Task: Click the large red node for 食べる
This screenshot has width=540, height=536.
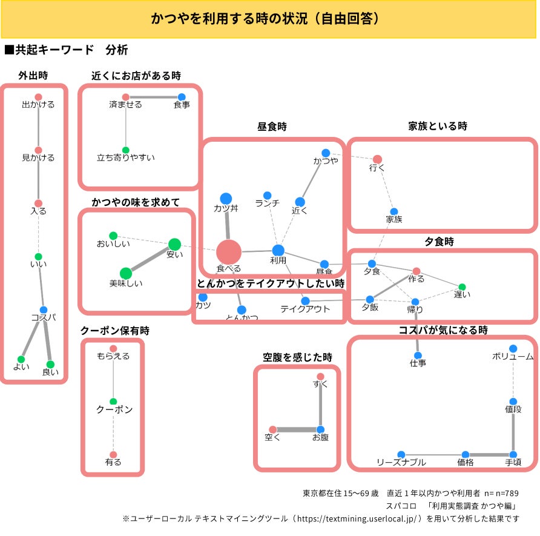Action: pyautogui.click(x=229, y=251)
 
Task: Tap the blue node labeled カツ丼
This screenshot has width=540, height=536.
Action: pyautogui.click(x=226, y=199)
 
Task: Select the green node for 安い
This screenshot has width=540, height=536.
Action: pyautogui.click(x=174, y=244)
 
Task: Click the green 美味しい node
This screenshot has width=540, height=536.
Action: pyautogui.click(x=125, y=274)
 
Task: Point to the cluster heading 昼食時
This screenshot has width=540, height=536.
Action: pyautogui.click(x=272, y=127)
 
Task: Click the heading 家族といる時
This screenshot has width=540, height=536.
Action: pyautogui.click(x=438, y=127)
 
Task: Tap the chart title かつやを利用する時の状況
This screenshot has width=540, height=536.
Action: pyautogui.click(x=266, y=19)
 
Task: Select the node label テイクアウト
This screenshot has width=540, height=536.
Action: pyautogui.click(x=305, y=309)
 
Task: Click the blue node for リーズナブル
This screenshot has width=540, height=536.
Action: pyautogui.click(x=401, y=454)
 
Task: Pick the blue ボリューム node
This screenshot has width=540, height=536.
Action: pyautogui.click(x=513, y=348)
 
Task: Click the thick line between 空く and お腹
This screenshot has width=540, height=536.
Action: pyautogui.click(x=297, y=430)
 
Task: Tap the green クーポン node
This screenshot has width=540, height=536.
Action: pyautogui.click(x=113, y=401)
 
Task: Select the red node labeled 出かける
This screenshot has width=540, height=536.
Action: pyautogui.click(x=38, y=97)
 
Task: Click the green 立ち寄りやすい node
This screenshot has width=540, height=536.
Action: pyautogui.click(x=126, y=150)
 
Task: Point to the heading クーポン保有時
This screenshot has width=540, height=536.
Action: pyautogui.click(x=114, y=331)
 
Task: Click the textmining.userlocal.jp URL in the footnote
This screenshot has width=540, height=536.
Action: pyautogui.click(x=357, y=519)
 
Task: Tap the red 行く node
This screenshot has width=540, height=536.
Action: pyautogui.click(x=377, y=159)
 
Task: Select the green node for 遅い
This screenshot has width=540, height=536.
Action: pyautogui.click(x=462, y=286)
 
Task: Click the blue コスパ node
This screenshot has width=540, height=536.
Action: pyautogui.click(x=44, y=309)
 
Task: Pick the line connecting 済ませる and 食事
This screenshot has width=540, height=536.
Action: pyautogui.click(x=154, y=97)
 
